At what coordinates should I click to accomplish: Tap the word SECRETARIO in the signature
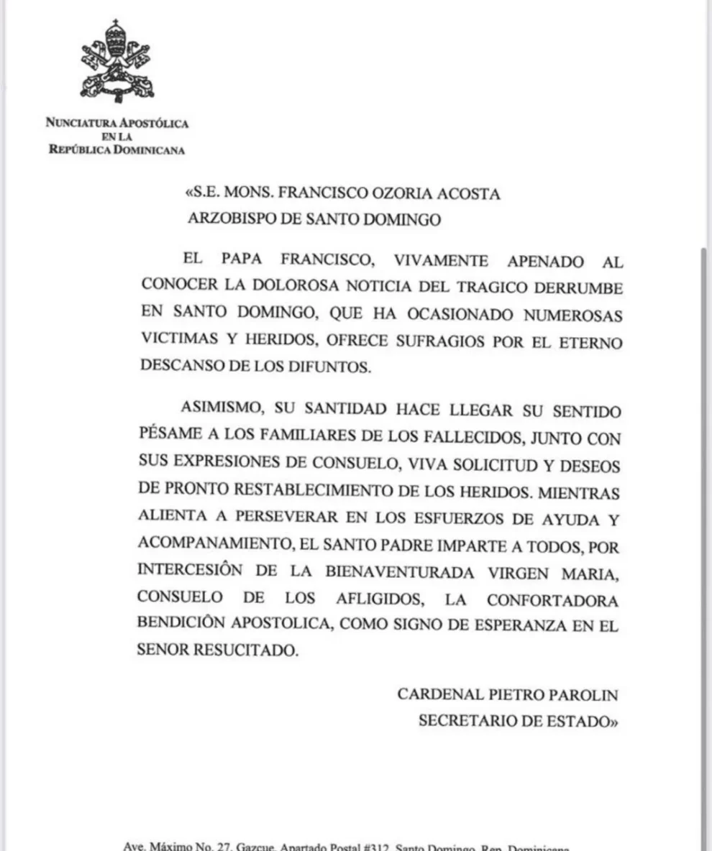pos(467,722)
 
